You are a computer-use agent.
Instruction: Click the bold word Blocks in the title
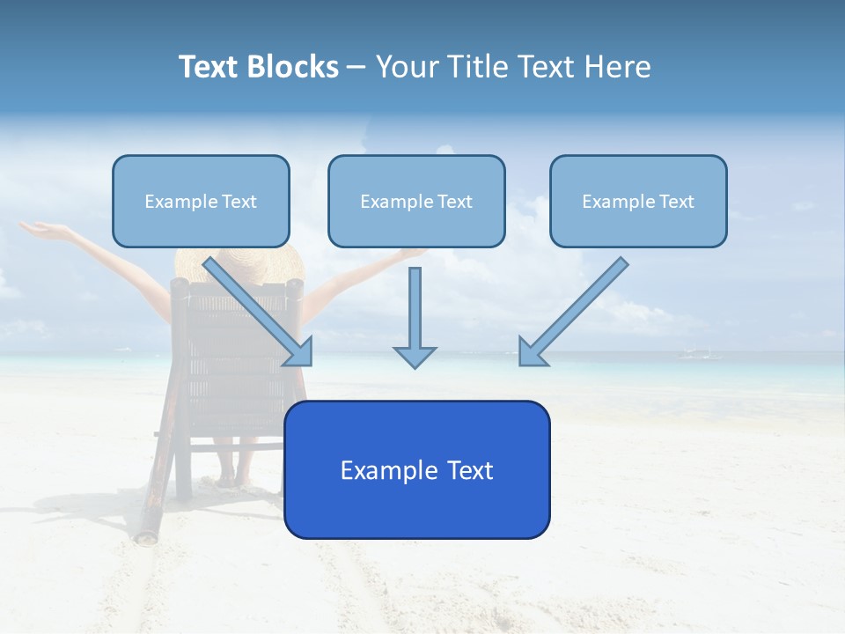(292, 67)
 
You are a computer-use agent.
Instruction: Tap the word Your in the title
(407, 67)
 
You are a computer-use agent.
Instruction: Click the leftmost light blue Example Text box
(201, 202)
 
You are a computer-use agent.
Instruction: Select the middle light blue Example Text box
(416, 202)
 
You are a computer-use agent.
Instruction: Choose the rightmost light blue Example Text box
(638, 202)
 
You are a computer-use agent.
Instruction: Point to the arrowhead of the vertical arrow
(415, 356)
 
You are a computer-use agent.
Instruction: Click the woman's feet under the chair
(233, 480)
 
